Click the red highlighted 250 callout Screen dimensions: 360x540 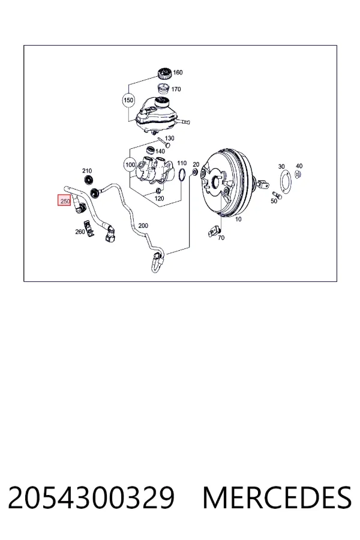pos(64,201)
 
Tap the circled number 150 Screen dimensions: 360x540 pos(128,100)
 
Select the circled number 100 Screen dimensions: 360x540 pos(130,164)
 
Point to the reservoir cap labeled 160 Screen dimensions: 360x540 pos(164,74)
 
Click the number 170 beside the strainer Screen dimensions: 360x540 pos(176,89)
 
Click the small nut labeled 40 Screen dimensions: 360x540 pos(299,174)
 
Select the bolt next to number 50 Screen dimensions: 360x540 pos(277,195)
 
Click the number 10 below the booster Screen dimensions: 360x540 pos(238,219)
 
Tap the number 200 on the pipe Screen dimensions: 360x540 pos(143,226)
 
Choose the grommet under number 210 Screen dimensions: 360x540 pos(89,179)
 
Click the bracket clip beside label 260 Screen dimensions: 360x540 pos(91,230)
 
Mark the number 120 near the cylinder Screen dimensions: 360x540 pos(159,199)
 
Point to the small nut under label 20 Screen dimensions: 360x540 pos(194,172)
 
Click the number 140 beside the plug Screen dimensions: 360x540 pos(160,151)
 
